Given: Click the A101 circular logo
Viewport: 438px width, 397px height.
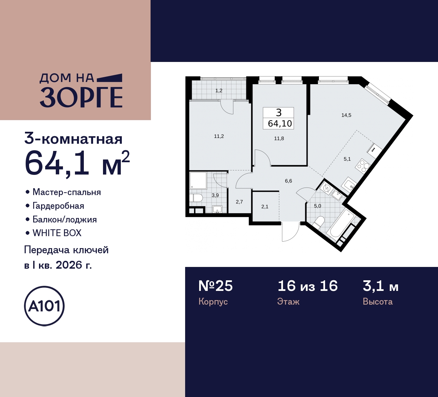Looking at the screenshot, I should click(44, 306).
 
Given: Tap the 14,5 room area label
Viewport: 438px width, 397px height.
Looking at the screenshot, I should click(346, 115).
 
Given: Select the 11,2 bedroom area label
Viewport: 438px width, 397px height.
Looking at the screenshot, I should click(219, 136).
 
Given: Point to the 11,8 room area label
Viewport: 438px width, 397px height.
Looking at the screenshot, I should click(279, 139).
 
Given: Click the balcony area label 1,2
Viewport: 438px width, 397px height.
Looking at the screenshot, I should click(219, 91).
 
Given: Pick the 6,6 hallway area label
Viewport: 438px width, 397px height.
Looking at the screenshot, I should click(288, 181).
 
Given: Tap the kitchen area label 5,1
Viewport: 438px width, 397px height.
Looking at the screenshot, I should click(347, 159).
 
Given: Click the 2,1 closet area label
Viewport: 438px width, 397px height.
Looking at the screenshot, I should click(265, 207).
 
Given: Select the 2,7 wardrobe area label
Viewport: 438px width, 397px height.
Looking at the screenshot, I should click(239, 202).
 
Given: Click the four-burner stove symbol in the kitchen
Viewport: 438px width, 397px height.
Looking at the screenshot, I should click(363, 166).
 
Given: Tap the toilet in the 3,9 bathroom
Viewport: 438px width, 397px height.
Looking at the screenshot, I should click(196, 198).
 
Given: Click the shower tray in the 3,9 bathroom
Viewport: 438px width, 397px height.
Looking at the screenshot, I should click(198, 180).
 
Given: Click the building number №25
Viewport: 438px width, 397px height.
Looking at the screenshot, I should click(216, 286).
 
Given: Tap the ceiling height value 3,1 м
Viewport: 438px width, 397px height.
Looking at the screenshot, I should click(381, 286).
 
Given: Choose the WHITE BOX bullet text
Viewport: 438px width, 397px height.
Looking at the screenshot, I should click(57, 233).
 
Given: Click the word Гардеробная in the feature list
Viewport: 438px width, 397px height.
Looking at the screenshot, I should click(58, 206).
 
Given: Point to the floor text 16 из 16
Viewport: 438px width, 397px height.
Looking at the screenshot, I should click(307, 286).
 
